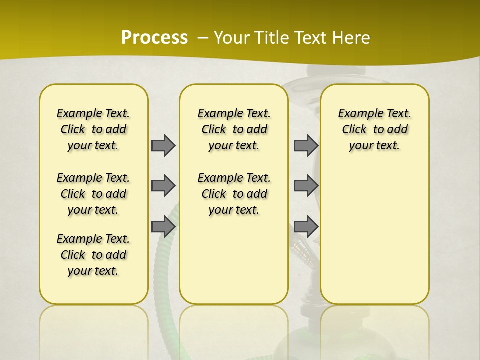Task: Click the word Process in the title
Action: click(154, 38)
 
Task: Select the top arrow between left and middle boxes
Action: click(163, 146)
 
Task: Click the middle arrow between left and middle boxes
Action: click(163, 186)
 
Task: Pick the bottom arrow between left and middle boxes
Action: click(163, 227)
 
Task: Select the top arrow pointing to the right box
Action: click(306, 146)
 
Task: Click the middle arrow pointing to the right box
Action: click(306, 186)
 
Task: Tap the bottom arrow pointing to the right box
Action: click(306, 227)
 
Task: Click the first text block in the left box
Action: click(93, 129)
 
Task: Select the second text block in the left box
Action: click(93, 194)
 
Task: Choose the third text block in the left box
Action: click(93, 255)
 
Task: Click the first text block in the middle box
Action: click(234, 129)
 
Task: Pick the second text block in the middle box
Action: click(234, 194)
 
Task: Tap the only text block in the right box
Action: click(374, 129)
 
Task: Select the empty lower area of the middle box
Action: click(234, 260)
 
